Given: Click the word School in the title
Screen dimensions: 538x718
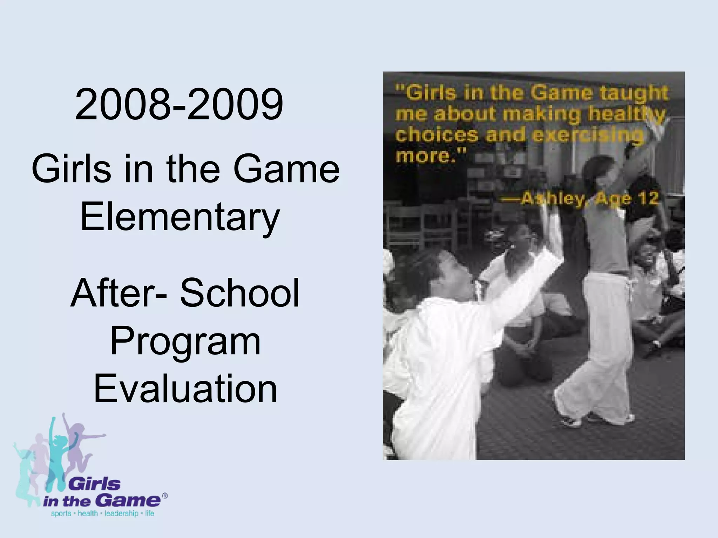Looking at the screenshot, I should pyautogui.click(x=240, y=293).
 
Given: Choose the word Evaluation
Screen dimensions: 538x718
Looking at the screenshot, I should pyautogui.click(x=185, y=388).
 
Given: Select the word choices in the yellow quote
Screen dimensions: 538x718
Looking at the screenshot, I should pyautogui.click(x=436, y=135).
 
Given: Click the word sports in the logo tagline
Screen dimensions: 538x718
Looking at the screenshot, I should pyautogui.click(x=61, y=514).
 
